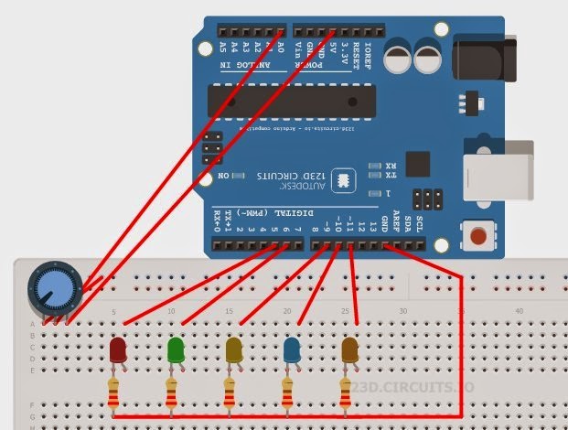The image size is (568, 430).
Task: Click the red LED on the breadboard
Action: [x=118, y=349]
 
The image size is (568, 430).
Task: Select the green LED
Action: [x=176, y=349]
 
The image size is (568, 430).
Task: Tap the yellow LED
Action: [x=234, y=349]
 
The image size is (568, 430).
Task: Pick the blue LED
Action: [x=292, y=349]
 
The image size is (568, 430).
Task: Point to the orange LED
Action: [x=349, y=349]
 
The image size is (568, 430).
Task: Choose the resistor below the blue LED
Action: [x=288, y=395]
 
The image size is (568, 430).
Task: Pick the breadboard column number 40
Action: [x=520, y=312]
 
